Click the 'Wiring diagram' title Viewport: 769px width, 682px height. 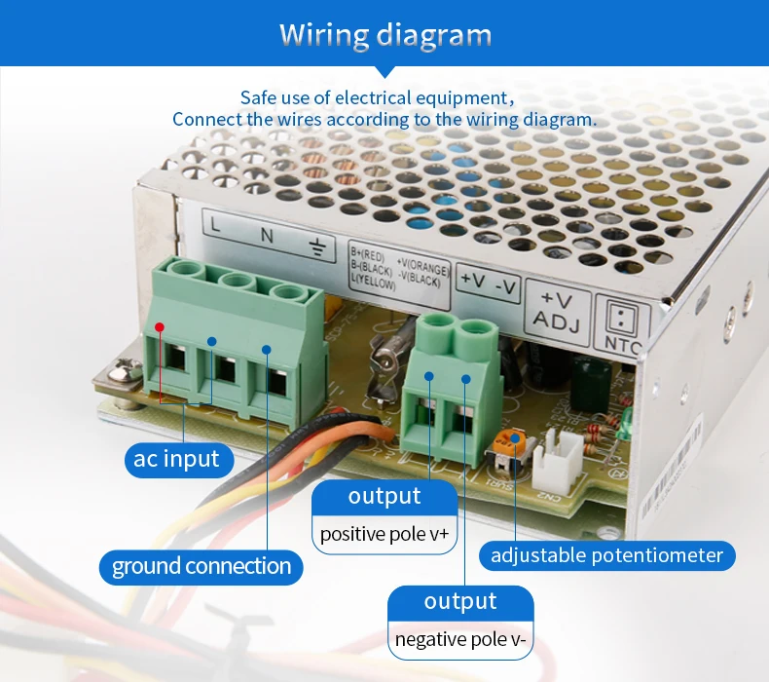[385, 35]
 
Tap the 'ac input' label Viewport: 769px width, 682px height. [177, 458]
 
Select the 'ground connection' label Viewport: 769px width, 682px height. [201, 566]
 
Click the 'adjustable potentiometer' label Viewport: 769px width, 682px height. [606, 555]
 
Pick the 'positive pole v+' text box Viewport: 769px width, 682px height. [384, 534]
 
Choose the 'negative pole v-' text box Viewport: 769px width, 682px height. [460, 639]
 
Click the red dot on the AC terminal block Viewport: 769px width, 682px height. [159, 327]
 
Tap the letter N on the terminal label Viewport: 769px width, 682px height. [266, 235]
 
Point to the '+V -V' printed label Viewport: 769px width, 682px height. [488, 283]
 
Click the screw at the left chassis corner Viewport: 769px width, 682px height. [123, 372]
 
